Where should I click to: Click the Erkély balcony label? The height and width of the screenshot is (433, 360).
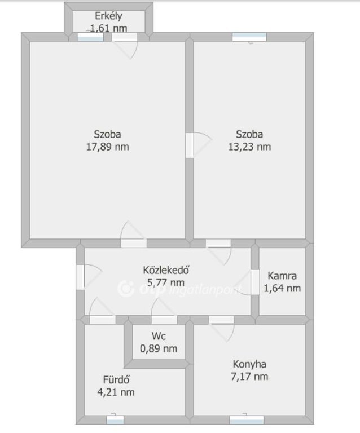108,16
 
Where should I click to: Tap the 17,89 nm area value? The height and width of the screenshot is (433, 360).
107,147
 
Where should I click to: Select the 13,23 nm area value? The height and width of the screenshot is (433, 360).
249,147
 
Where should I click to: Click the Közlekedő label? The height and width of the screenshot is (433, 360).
166,270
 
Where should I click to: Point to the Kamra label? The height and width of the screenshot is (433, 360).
282,276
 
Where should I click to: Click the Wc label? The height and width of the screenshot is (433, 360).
159,336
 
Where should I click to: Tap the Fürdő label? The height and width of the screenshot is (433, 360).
116,379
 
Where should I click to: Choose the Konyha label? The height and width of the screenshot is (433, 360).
249,364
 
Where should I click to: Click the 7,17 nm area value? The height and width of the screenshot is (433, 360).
249,377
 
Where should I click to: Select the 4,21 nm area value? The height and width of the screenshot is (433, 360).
116,392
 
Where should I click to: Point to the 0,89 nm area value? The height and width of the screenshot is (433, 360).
159,348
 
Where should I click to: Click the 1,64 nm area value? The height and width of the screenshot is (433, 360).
282,288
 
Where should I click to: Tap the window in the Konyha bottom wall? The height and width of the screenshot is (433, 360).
247,419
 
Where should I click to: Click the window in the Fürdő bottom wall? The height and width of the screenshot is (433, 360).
115,419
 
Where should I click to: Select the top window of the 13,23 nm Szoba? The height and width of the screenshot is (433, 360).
249,37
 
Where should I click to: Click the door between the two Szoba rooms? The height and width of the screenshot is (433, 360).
190,145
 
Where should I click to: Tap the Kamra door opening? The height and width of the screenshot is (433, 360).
255,282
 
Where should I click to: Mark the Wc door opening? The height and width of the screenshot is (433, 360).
164,320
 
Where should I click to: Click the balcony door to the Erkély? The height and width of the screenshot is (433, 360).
124,37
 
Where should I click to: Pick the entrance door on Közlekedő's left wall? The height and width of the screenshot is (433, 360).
80,277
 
